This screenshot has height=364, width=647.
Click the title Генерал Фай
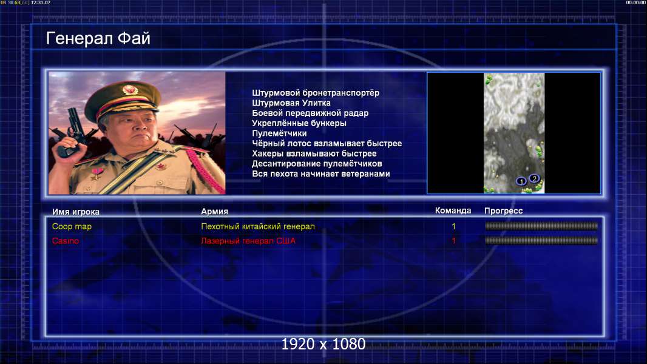[98, 38]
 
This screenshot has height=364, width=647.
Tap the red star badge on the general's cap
[129, 89]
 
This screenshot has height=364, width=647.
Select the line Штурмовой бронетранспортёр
[316, 93]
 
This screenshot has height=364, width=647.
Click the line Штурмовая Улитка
[291, 103]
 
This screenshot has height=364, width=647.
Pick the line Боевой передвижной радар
[310, 113]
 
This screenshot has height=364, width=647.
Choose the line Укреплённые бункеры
[299, 123]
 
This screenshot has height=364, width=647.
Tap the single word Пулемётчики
[279, 133]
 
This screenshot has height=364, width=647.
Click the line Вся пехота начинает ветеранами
[321, 174]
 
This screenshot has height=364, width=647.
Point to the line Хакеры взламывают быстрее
[314, 153]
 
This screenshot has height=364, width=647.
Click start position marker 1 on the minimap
[521, 181]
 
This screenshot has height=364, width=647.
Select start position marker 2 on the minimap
[534, 178]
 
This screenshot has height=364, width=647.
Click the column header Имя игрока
[75, 212]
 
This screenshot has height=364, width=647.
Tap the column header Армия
[215, 211]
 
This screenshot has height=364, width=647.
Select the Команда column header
[453, 211]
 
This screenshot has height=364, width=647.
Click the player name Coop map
[72, 226]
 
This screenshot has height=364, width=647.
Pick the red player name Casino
[65, 241]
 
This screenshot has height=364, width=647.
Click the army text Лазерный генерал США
[248, 241]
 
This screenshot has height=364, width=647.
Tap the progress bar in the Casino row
[541, 240]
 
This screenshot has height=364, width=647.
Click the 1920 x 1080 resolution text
[323, 344]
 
